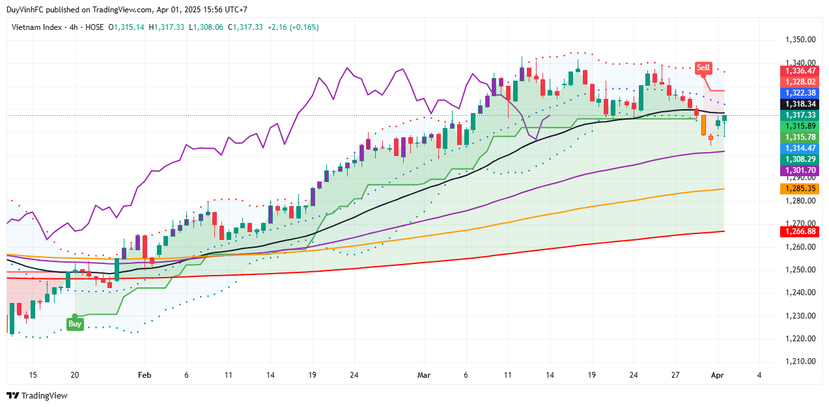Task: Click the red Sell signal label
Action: [x=703, y=68]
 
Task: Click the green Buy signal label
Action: [x=75, y=324]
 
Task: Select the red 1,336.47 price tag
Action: [x=800, y=71]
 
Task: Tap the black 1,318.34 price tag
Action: [x=800, y=104]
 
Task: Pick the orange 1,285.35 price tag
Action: [x=800, y=189]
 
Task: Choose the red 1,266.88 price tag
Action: [x=800, y=231]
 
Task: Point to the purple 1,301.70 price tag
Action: [x=800, y=170]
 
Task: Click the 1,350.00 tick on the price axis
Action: [x=800, y=40]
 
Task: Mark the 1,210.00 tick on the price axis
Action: [x=800, y=361]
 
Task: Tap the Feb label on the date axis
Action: [x=145, y=375]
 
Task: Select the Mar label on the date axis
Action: [x=425, y=375]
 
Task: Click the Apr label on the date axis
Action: [x=718, y=375]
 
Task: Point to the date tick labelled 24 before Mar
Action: [x=354, y=375]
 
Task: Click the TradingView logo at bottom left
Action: [x=37, y=395]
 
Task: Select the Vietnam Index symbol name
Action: [x=37, y=27]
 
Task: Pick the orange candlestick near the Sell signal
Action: [x=703, y=125]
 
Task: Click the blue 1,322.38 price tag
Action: [x=800, y=93]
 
